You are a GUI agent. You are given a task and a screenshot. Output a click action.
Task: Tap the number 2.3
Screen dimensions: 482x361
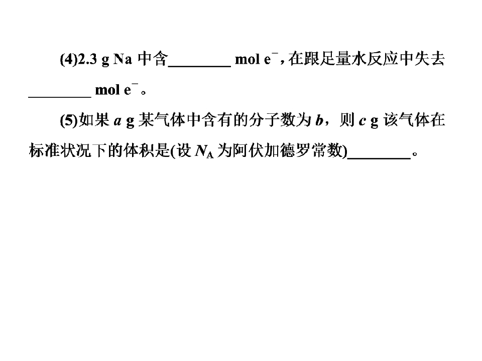[87, 59]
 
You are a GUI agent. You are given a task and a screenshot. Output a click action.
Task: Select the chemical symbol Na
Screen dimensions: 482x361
[123, 59]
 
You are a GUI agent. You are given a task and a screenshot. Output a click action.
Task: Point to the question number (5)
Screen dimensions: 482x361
[69, 120]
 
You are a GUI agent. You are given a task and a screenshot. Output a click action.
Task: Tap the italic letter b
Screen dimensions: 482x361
[319, 120]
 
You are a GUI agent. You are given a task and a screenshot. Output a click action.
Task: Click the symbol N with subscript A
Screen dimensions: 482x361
[204, 151]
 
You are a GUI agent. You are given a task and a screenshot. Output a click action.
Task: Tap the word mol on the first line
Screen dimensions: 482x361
[248, 59]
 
